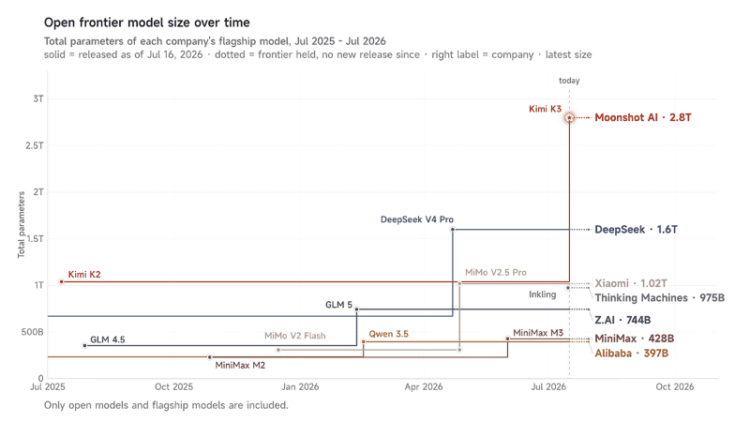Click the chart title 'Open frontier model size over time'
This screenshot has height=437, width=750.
[x=147, y=23]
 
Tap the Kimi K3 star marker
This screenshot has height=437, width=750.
[x=569, y=117]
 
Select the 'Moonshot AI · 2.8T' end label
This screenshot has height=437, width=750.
[x=643, y=117]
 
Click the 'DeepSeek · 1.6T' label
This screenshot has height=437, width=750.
[x=637, y=229]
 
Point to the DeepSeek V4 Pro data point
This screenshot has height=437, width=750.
[x=453, y=230]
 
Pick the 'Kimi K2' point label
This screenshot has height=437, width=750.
[x=84, y=274]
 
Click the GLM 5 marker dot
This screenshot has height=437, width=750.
[x=356, y=309]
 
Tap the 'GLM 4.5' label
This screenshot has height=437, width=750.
[x=107, y=339]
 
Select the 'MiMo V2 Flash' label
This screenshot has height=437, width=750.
[x=295, y=336]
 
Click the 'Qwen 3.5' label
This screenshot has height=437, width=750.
[x=388, y=334]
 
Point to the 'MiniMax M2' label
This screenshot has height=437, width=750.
[x=240, y=365]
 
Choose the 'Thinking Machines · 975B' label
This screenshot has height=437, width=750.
[x=660, y=297]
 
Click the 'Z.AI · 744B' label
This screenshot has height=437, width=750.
[x=622, y=320]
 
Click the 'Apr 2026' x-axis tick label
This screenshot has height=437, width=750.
[x=424, y=386]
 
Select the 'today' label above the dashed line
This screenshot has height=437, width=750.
[x=569, y=81]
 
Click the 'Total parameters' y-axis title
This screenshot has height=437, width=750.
[x=21, y=224]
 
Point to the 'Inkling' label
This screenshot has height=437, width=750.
[x=543, y=294]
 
